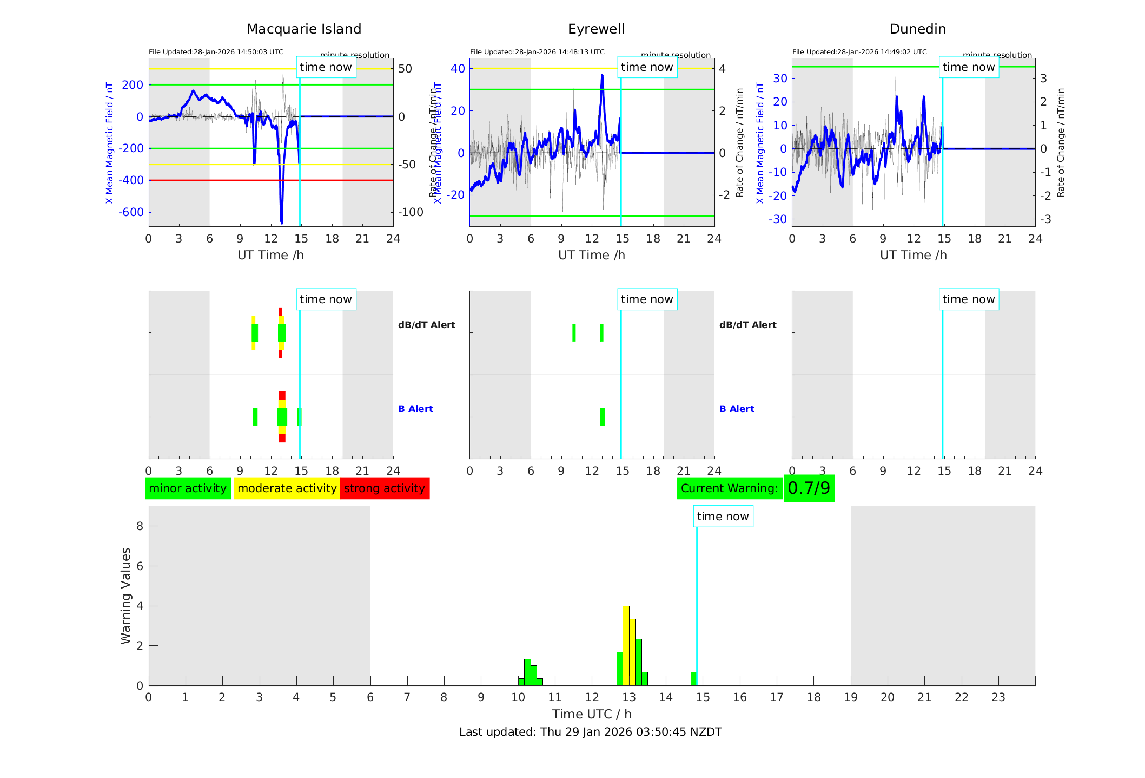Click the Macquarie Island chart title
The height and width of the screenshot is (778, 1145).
tap(303, 29)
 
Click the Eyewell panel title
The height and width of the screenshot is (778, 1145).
tap(596, 29)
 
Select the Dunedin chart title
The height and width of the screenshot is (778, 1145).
tap(917, 29)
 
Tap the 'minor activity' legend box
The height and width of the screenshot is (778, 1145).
tap(188, 488)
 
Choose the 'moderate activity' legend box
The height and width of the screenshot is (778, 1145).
tap(287, 488)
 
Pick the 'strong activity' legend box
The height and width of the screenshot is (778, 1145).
tap(385, 488)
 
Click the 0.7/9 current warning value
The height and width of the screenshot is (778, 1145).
tap(809, 488)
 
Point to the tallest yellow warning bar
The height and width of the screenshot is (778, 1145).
tap(626, 644)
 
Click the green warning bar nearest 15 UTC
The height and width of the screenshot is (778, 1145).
tap(693, 679)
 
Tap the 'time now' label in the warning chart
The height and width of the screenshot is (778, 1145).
tap(723, 517)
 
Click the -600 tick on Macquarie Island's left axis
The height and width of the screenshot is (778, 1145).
tap(131, 212)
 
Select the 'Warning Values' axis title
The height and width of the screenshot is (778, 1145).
tap(125, 596)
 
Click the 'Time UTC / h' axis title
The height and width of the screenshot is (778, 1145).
tap(592, 714)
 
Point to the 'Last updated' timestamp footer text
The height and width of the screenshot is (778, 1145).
tap(590, 732)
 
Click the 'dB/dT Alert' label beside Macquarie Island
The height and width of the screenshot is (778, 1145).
tap(426, 325)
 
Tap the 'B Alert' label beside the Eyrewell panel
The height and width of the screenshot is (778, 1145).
tap(736, 409)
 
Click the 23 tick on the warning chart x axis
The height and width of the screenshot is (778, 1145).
tap(998, 697)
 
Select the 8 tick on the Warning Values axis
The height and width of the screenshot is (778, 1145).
tap(140, 526)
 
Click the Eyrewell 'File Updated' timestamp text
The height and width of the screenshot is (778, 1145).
tap(537, 52)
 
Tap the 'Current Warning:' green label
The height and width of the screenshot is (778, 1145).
tap(729, 488)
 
